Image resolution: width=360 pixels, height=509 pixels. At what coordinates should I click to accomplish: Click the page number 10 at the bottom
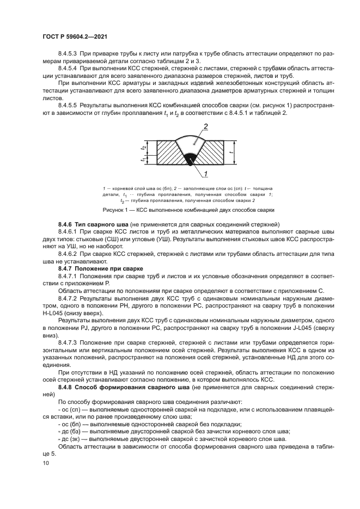45,463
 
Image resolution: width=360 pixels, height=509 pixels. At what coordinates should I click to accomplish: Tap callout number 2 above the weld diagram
206,127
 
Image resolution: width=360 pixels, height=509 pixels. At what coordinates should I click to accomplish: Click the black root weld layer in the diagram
190,158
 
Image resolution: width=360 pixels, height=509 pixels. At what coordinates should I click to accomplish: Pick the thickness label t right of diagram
233,153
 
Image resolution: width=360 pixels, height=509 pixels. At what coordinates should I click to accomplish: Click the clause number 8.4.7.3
69,344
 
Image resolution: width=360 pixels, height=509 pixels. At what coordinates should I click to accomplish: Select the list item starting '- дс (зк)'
163,438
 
